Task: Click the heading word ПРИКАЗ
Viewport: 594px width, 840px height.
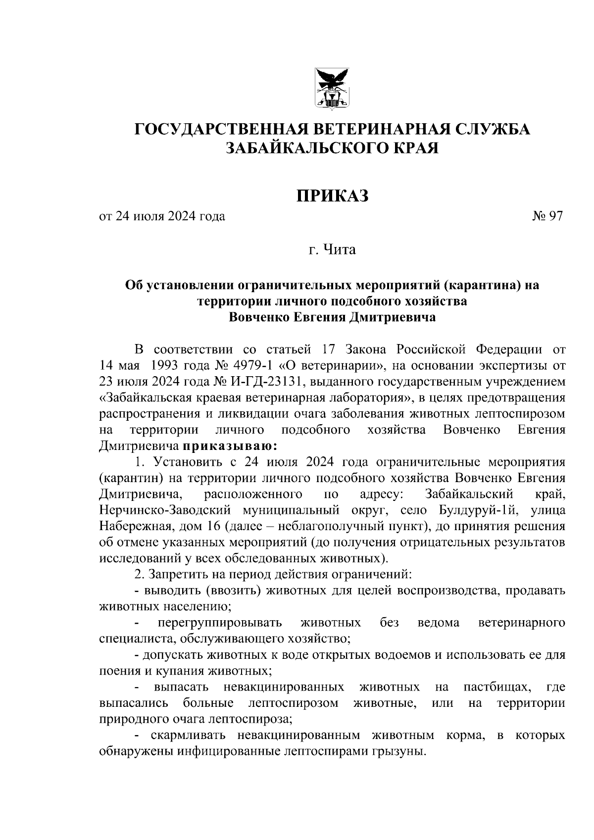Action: [333, 196]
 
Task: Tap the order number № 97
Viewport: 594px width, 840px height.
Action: [547, 216]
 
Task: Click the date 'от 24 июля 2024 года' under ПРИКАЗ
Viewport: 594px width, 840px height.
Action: [162, 216]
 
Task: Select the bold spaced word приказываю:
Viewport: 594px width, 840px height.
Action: [230, 446]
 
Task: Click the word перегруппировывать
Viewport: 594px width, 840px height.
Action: [220, 622]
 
